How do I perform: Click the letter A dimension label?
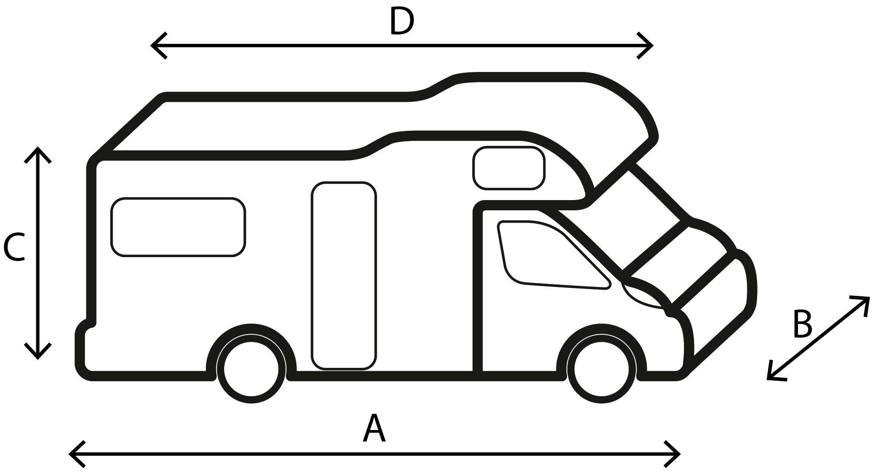coord(374,428)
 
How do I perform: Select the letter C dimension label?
coord(14,247)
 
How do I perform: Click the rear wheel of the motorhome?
coord(251,369)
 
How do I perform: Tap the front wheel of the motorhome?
coord(601,369)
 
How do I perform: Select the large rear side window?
coord(178,227)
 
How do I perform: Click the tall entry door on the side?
coord(344,276)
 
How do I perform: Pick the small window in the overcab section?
coord(509,168)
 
